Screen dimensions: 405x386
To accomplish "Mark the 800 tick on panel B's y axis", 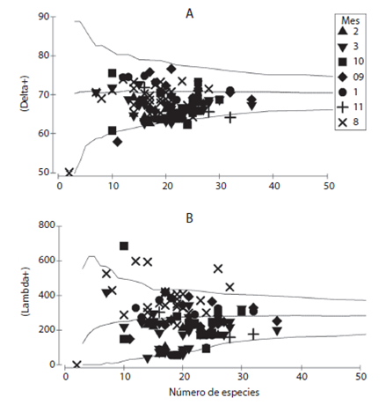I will [39, 226].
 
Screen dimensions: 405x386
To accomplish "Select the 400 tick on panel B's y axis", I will [39, 295].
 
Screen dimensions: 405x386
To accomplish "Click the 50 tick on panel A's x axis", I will [328, 187].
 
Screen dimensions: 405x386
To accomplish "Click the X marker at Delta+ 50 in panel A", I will [69, 172].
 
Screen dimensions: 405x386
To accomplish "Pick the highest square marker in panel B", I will [124, 247].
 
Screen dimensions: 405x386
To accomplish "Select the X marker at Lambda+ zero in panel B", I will [76, 364].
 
